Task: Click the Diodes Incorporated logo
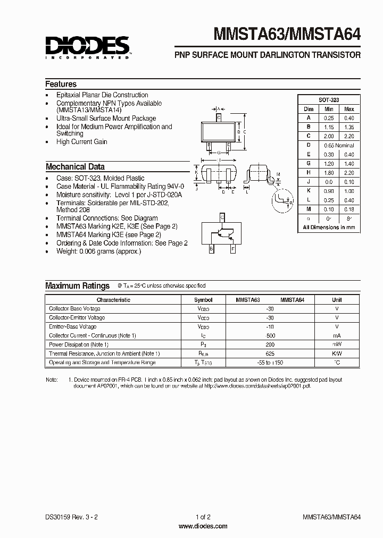pos(87,47)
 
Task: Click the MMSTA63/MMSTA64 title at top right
pos(287,35)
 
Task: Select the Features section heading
pos(61,84)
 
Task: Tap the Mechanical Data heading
pos(75,166)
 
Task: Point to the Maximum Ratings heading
pos(77,285)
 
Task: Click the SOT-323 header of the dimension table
pos(328,100)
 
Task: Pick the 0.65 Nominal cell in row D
pos(339,145)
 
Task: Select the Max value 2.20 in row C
pos(349,136)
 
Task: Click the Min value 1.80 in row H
pos(328,172)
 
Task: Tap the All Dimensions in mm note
pos(328,227)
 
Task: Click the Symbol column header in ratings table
pos(203,300)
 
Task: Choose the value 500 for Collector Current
pos(270,335)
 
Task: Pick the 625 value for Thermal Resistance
pos(270,354)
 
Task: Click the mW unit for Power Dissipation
pos(337,344)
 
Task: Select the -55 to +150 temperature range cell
pos(270,363)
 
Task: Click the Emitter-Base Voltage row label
pos(73,326)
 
